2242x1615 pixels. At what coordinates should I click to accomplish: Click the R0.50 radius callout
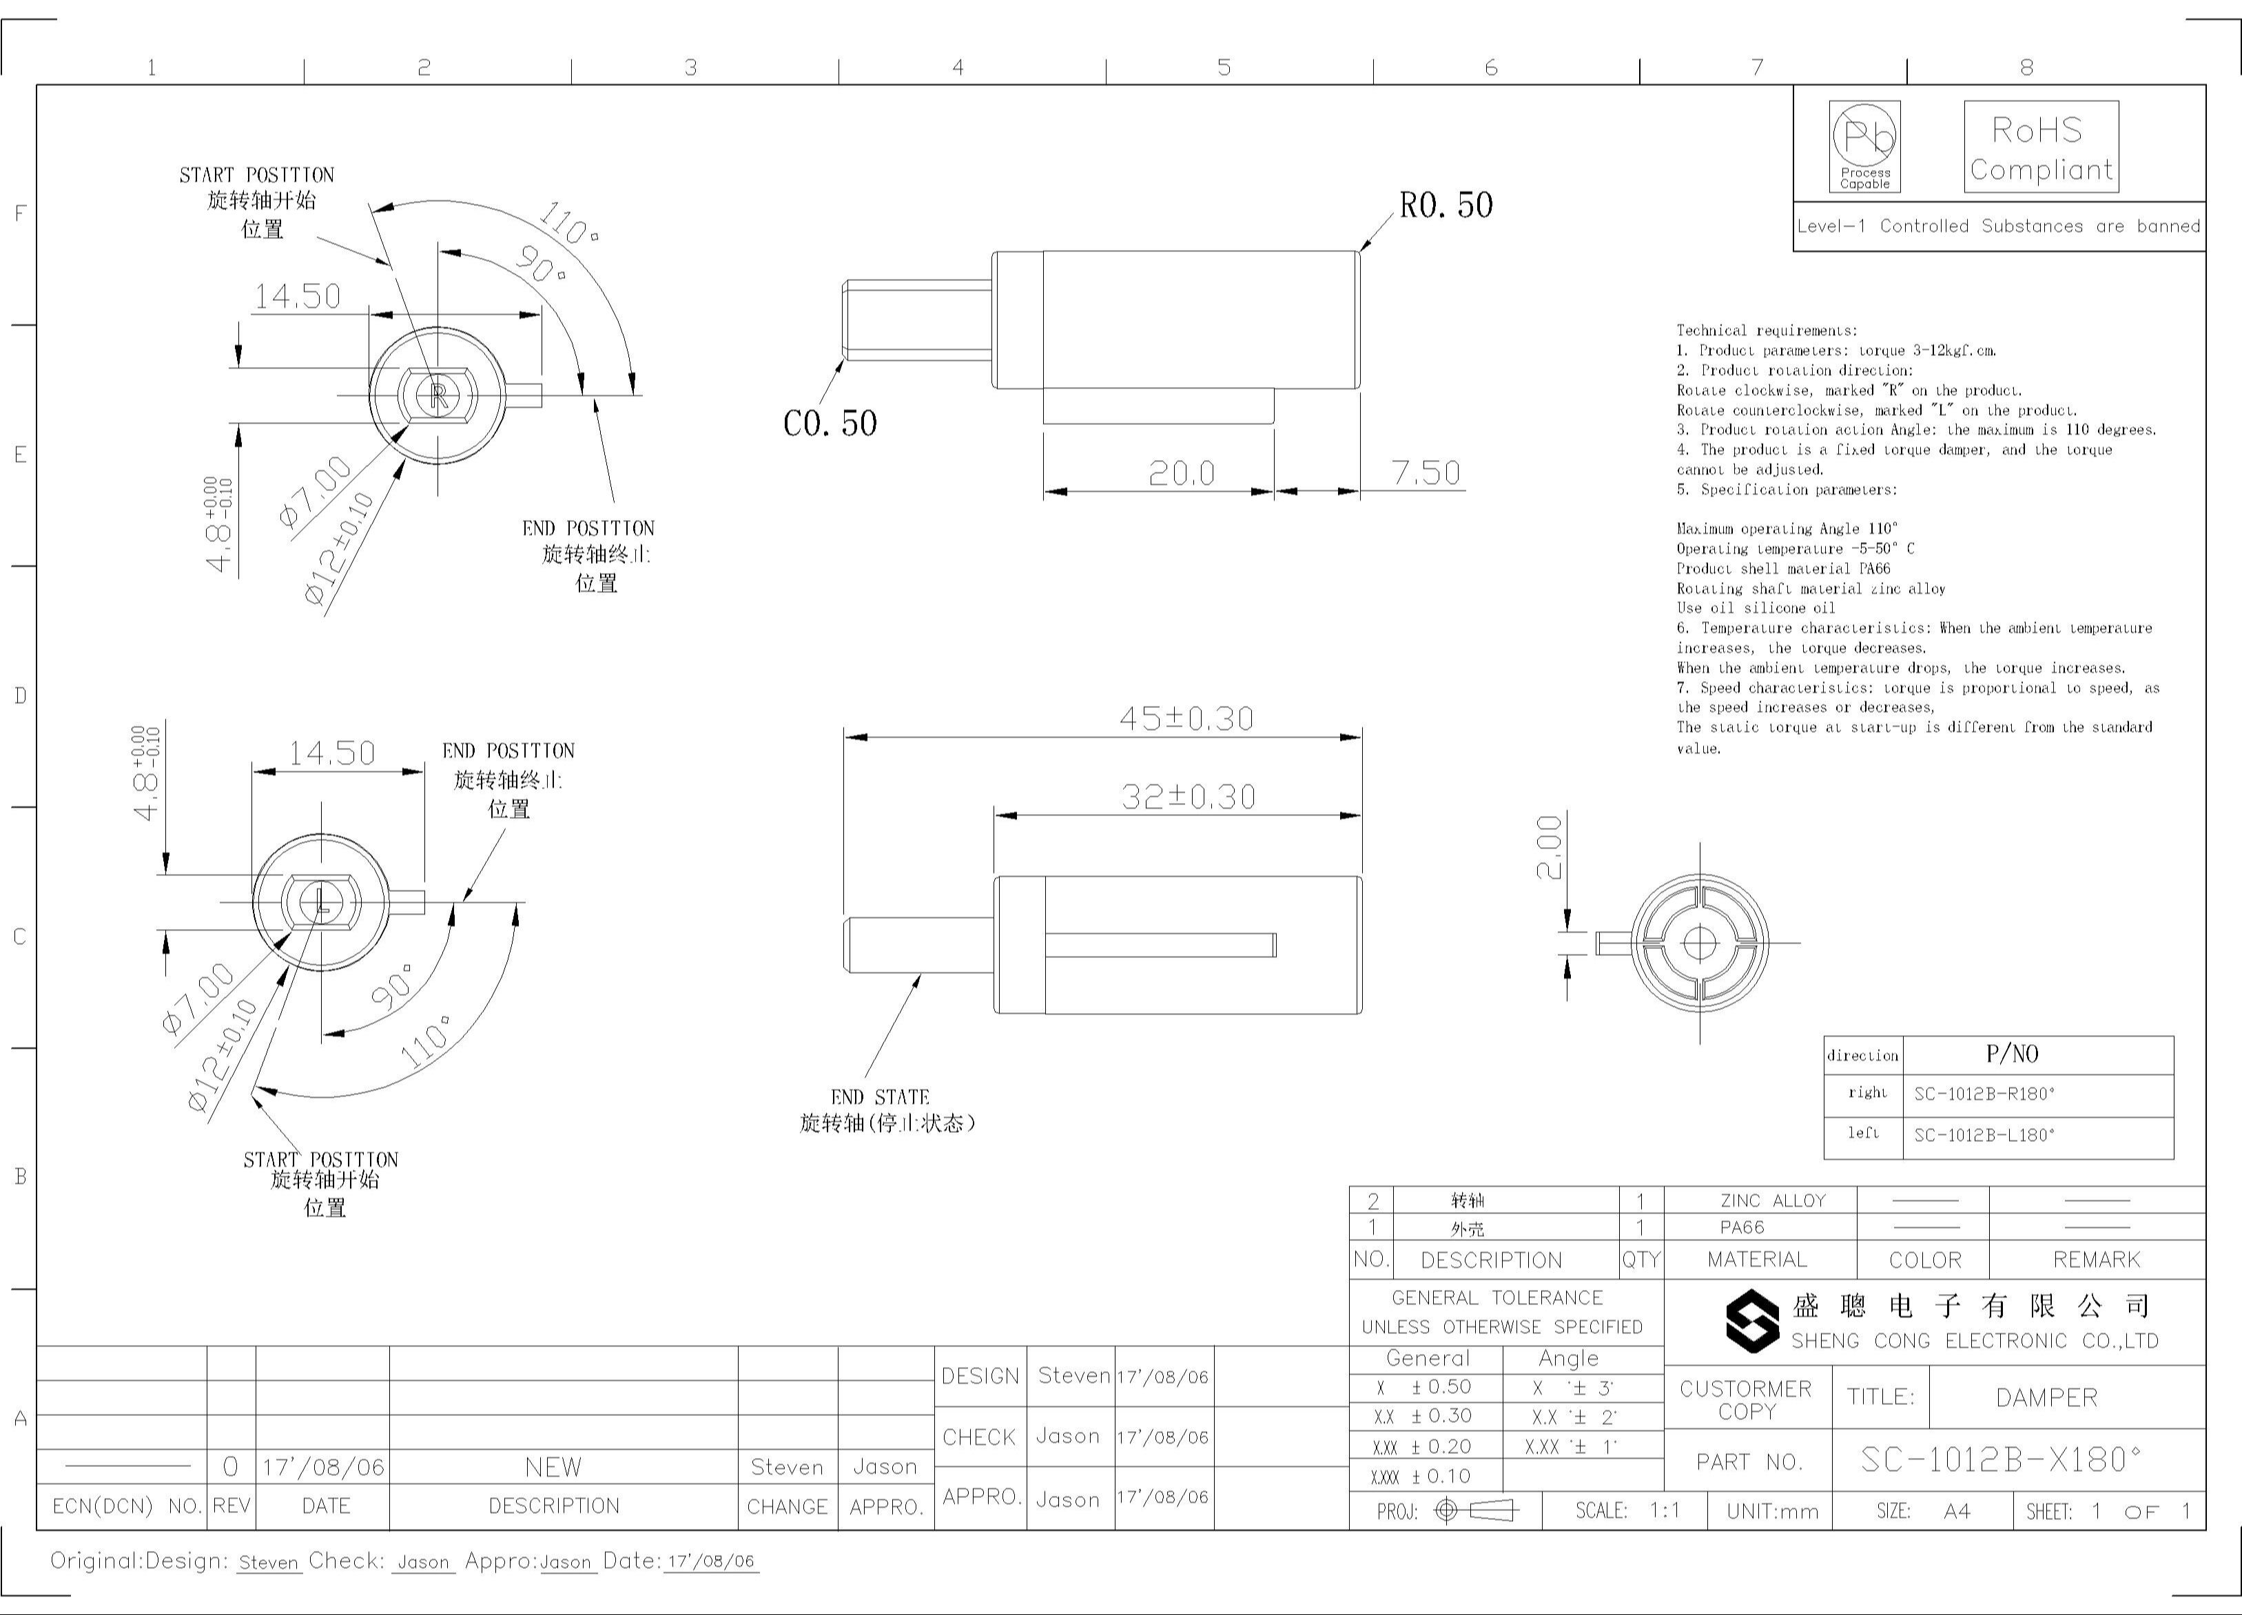[x=1446, y=205]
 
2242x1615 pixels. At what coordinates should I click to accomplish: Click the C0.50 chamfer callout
[x=830, y=423]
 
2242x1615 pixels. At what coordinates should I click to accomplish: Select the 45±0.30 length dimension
[x=1186, y=718]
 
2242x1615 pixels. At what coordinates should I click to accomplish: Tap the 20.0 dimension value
[x=1182, y=473]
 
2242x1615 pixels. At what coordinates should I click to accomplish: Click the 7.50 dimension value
[x=1426, y=472]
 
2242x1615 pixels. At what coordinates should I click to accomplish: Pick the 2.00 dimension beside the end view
[x=1549, y=847]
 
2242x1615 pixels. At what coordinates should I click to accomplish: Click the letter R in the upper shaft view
[x=439, y=395]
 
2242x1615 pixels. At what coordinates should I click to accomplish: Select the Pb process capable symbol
[x=1864, y=146]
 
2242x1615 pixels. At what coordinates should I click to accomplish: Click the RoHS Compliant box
[x=2040, y=147]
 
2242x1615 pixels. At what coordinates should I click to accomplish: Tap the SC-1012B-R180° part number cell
[x=1984, y=1093]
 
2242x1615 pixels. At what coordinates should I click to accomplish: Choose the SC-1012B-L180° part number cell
[x=1984, y=1135]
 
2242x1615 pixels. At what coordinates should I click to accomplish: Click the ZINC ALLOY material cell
[x=1772, y=1200]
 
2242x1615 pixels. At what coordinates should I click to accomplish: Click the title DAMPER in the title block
[x=2045, y=1397]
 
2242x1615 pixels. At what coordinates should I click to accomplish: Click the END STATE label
[x=880, y=1096]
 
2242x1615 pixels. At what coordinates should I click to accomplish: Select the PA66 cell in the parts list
[x=1742, y=1227]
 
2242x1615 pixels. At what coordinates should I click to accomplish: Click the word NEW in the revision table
[x=553, y=1467]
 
